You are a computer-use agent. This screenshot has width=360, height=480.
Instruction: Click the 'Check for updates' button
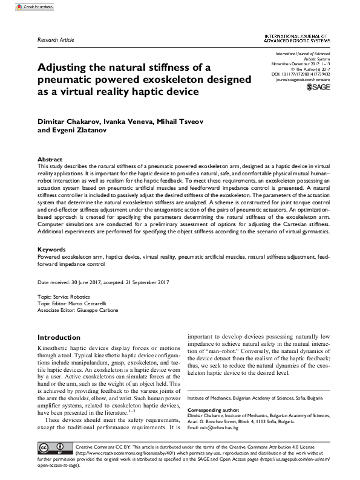tap(26, 6)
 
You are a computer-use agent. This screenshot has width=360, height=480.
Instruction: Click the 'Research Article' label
tap(56, 39)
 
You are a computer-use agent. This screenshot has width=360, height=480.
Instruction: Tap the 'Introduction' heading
tap(59, 337)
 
